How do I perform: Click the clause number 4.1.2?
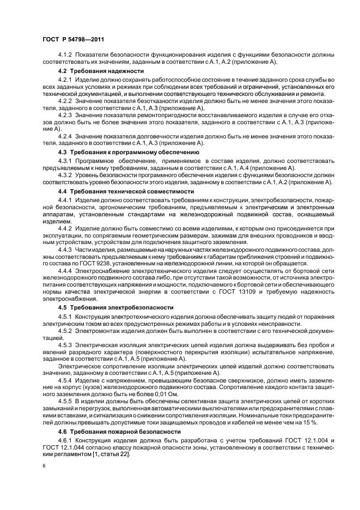click(66, 56)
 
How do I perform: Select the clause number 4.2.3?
click(66, 116)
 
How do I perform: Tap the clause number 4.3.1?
click(66, 161)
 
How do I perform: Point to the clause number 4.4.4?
click(66, 271)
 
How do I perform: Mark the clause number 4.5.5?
click(66, 400)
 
